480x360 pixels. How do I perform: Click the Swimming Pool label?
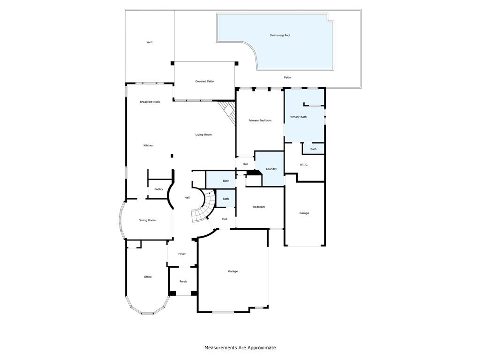coord(280,36)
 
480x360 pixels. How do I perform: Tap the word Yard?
coord(150,42)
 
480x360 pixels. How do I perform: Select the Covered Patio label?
coord(204,82)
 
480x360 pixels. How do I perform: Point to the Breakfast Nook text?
coord(150,102)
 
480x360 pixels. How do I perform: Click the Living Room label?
coord(203,135)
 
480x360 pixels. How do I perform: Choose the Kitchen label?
coord(149,145)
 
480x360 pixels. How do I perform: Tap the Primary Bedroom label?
coord(260,120)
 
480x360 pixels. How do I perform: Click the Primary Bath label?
coord(298,117)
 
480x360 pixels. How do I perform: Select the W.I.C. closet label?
coord(304,165)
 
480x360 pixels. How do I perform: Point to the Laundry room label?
coord(271,169)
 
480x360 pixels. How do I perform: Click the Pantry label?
coord(158,189)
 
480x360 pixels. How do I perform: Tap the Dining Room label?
coord(147,220)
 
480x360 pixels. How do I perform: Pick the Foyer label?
coord(182,254)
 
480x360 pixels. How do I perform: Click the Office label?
coord(148,277)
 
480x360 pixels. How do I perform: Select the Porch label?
coord(183,282)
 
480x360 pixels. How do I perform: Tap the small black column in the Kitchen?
coord(172,156)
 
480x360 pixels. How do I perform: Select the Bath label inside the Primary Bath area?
coord(314,150)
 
